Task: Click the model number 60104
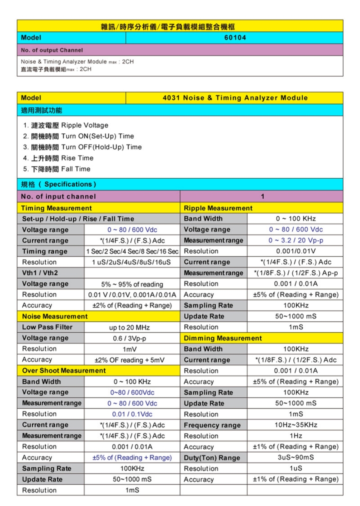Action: [235, 37]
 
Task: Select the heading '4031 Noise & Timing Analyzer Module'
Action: [235, 98]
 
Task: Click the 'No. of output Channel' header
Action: [52, 50]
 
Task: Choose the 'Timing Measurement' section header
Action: [56, 208]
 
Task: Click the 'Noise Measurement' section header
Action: [54, 316]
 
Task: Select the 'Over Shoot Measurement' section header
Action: [63, 371]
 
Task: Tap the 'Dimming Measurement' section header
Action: [222, 338]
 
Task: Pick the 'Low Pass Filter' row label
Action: [47, 327]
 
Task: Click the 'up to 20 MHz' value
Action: [132, 328]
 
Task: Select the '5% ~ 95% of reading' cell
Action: [132, 284]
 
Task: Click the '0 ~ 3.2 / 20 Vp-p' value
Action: [296, 240]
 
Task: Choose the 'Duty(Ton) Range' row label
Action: [212, 458]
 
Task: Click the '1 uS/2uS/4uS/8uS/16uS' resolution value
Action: [132, 262]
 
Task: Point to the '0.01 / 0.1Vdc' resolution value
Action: [132, 414]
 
